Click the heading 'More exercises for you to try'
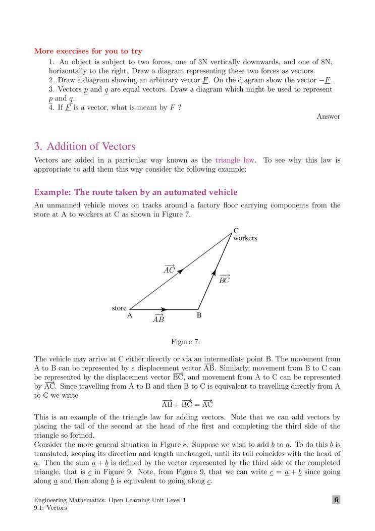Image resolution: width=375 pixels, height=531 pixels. pyautogui.click(x=88, y=51)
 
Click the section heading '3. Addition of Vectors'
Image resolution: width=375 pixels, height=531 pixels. pyautogui.click(x=84, y=147)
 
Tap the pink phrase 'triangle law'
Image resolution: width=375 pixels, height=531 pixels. pyautogui.click(x=235, y=161)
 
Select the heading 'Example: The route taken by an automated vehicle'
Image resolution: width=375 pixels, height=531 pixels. pyautogui.click(x=135, y=192)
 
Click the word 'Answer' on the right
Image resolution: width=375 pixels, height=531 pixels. pyautogui.click(x=328, y=117)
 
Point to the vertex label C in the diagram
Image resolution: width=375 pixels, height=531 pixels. pyautogui.click(x=236, y=231)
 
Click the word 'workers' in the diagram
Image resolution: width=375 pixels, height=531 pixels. pyautogui.click(x=245, y=238)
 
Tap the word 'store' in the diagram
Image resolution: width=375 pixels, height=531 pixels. pyautogui.click(x=119, y=308)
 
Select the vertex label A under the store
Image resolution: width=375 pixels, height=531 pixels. pyautogui.click(x=130, y=316)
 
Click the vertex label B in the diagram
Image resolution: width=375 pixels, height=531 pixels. pyautogui.click(x=199, y=316)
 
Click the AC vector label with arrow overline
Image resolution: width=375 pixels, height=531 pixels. pyautogui.click(x=169, y=269)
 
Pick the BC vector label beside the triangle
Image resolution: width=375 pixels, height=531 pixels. pyautogui.click(x=224, y=279)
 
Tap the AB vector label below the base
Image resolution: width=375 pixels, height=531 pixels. pyautogui.click(x=158, y=318)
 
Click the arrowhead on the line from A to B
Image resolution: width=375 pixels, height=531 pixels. pyautogui.click(x=164, y=309)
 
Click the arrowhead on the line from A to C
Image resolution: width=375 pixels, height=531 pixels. pyautogui.click(x=180, y=271)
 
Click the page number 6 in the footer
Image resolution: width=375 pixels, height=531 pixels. pyautogui.click(x=336, y=500)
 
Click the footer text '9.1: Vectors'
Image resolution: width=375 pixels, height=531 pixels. pyautogui.click(x=50, y=508)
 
